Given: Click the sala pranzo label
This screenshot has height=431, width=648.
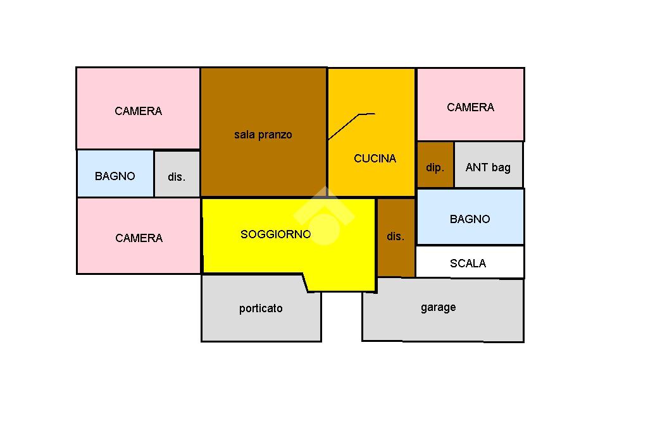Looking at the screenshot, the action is point(263,135).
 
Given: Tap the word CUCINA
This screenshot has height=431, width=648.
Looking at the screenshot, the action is point(375,159).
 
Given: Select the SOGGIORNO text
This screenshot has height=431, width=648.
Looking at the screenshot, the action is point(275,234).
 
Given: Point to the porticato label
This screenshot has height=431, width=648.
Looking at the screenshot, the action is point(261,308).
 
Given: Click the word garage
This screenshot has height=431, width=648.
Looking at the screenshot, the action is point(438,307).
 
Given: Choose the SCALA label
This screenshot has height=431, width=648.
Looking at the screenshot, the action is point(468,264).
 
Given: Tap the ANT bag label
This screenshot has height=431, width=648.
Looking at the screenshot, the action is point(487,167).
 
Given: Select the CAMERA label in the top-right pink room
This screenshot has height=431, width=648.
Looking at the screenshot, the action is point(470,107).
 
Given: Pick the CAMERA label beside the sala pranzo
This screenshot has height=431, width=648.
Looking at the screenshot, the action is point(138,111).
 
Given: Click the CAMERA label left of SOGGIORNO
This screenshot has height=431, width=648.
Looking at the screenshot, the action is point(139,238).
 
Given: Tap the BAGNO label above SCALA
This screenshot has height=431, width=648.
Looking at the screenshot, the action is point(470,219).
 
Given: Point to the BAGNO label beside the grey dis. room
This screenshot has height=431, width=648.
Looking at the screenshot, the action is point(115,176).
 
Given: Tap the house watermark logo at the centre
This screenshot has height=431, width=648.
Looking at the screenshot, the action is point(324,215).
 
